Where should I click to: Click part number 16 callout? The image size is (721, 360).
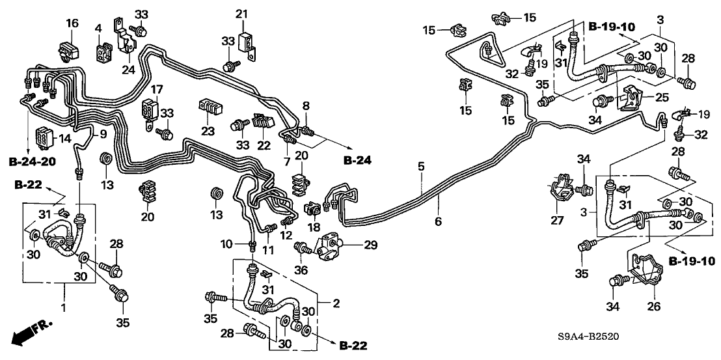(72, 23)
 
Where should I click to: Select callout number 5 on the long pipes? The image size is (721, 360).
(421, 167)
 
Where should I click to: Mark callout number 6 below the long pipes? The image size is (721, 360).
(438, 221)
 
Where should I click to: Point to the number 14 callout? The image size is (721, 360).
(64, 139)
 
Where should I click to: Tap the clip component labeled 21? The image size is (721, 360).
(245, 41)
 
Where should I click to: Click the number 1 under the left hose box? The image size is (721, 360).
(63, 307)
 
